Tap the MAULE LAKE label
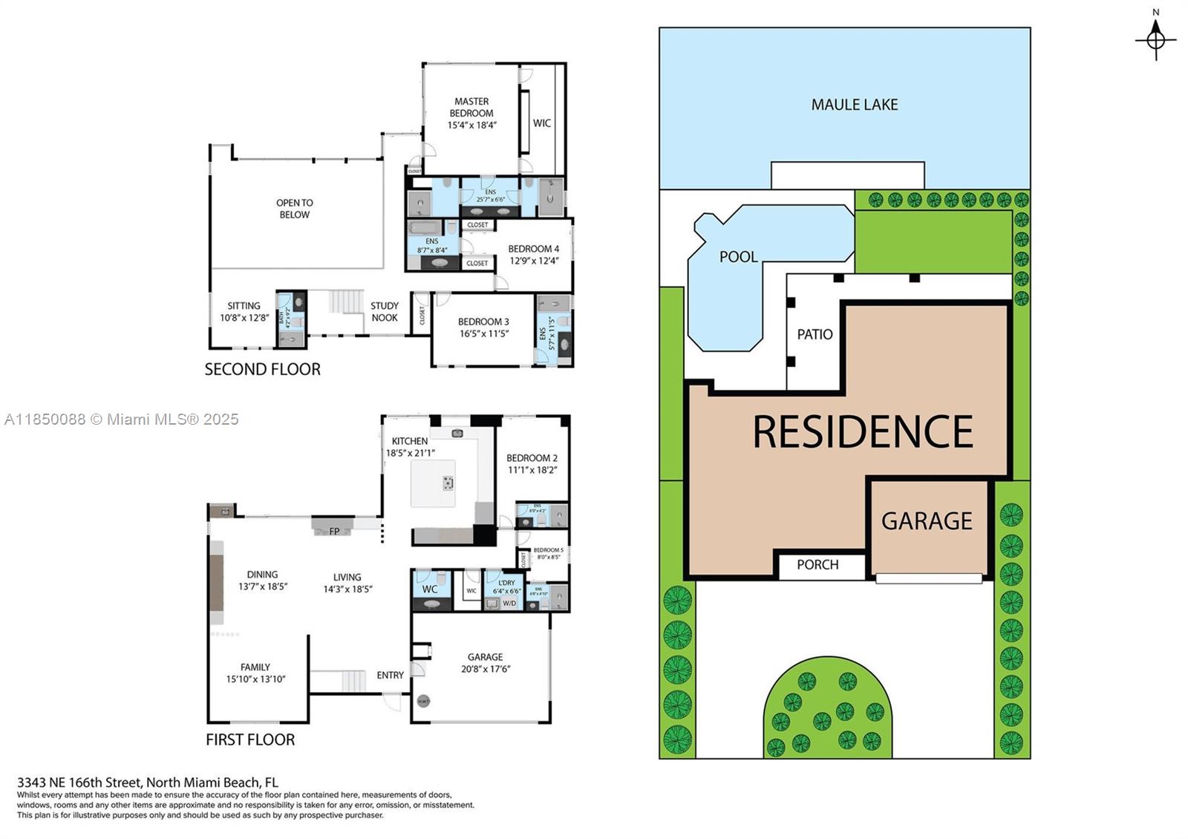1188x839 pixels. pyautogui.click(x=854, y=105)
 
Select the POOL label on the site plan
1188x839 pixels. pyautogui.click(x=738, y=257)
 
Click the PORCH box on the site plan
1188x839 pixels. pyautogui.click(x=817, y=565)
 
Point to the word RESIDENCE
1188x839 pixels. pyautogui.click(x=862, y=432)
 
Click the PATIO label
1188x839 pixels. pyautogui.click(x=815, y=335)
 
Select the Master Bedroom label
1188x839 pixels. pyautogui.click(x=471, y=107)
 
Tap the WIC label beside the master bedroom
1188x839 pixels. pyautogui.click(x=541, y=123)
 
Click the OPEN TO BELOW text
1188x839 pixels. pyautogui.click(x=295, y=209)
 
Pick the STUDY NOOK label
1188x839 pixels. pyautogui.click(x=385, y=312)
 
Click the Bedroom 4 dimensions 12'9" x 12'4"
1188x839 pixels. pyautogui.click(x=533, y=261)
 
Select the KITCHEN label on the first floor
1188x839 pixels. pyautogui.click(x=410, y=441)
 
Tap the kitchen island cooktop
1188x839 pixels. pyautogui.click(x=448, y=483)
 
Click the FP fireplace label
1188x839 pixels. pyautogui.click(x=334, y=531)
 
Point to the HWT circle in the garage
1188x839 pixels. pyautogui.click(x=423, y=701)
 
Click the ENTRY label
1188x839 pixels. pyautogui.click(x=390, y=675)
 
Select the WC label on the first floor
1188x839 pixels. pyautogui.click(x=430, y=590)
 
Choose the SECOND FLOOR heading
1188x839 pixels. pyautogui.click(x=262, y=369)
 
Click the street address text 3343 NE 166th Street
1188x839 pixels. pyautogui.click(x=80, y=782)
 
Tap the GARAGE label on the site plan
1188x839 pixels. pyautogui.click(x=926, y=521)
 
